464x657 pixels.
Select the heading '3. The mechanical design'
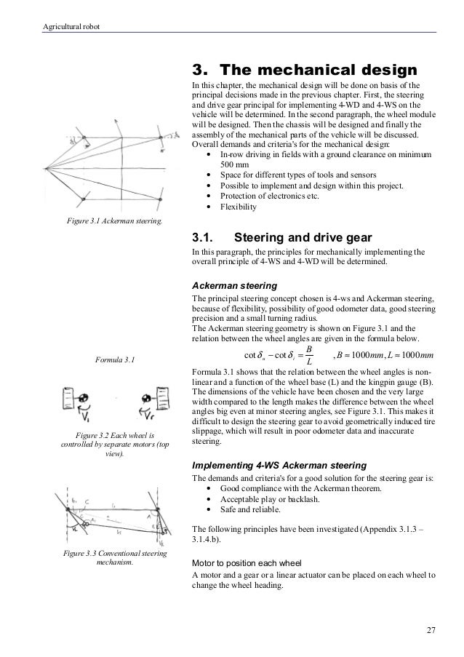point(303,71)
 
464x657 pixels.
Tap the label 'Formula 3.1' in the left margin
point(114,359)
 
